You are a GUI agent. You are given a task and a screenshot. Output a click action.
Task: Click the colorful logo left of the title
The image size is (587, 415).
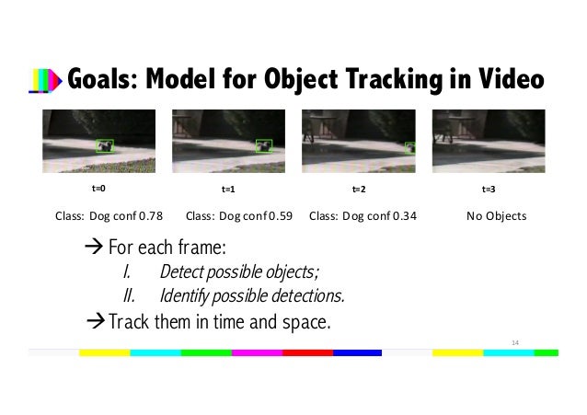tap(45, 84)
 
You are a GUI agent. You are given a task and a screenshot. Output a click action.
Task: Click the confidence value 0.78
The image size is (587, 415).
tap(149, 216)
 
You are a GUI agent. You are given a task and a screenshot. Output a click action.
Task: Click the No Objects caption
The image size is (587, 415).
tap(496, 216)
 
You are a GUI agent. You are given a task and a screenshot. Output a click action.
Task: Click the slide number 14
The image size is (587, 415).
tap(515, 341)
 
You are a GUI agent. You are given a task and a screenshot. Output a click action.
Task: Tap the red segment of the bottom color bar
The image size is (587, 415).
tap(306, 352)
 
